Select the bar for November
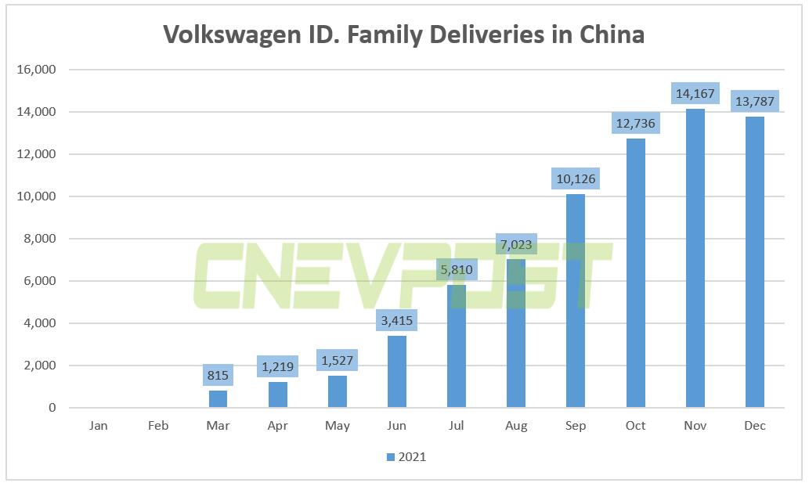point(695,258)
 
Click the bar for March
point(219,399)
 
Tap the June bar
point(397,372)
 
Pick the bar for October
point(635,273)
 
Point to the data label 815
point(219,375)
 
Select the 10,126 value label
point(576,179)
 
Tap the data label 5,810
point(457,271)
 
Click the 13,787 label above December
point(754,102)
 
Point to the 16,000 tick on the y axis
point(35,70)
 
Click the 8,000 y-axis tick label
point(38,239)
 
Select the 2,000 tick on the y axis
point(38,366)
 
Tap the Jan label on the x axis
point(99,426)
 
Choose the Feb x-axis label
point(158,426)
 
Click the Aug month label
point(516,426)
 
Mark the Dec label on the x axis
point(755,426)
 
